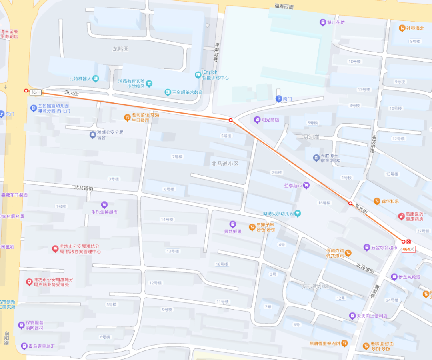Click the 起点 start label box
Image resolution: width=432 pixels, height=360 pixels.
(x=36, y=92)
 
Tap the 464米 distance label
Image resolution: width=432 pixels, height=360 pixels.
(x=408, y=249)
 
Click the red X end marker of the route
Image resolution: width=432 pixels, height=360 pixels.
(x=408, y=242)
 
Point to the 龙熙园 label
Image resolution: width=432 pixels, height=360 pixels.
(x=120, y=49)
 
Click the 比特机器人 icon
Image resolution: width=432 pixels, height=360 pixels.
(x=96, y=79)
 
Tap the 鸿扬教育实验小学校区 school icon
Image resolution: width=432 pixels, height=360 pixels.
(x=149, y=84)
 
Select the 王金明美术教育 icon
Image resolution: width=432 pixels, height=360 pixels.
(x=168, y=92)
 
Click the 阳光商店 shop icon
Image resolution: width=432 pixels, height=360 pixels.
(x=257, y=120)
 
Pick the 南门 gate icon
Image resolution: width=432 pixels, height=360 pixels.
(x=279, y=99)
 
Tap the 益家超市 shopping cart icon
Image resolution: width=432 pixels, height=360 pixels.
(x=306, y=185)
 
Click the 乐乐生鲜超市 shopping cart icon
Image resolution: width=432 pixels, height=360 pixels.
(x=104, y=205)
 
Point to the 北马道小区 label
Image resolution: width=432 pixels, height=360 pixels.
(x=225, y=164)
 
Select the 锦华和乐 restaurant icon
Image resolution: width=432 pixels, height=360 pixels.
(x=377, y=201)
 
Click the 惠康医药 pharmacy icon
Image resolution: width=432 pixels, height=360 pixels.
(x=401, y=216)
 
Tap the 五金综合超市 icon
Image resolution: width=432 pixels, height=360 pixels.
(x=366, y=248)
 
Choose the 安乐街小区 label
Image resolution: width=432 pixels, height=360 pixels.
(x=315, y=286)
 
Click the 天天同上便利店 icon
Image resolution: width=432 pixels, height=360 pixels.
(x=352, y=316)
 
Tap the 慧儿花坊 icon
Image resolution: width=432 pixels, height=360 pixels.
(x=322, y=22)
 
